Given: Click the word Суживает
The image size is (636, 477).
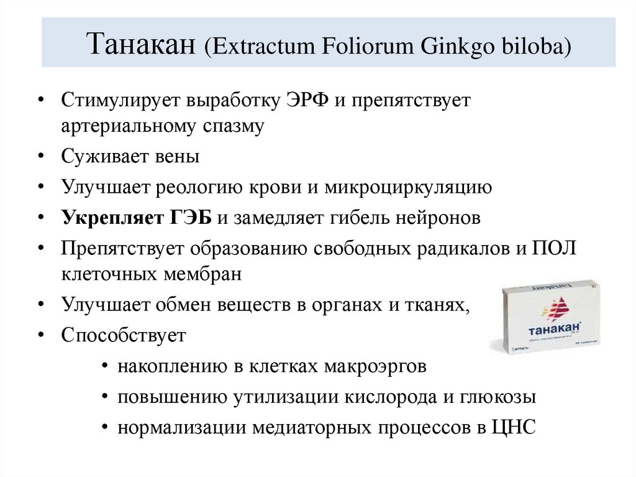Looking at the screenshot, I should click(103, 156).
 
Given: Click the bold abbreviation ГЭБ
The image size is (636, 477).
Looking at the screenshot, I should click(191, 218).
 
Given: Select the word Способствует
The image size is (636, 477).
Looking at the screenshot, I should click(124, 336).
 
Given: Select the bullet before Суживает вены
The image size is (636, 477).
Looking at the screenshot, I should click(40, 157).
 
